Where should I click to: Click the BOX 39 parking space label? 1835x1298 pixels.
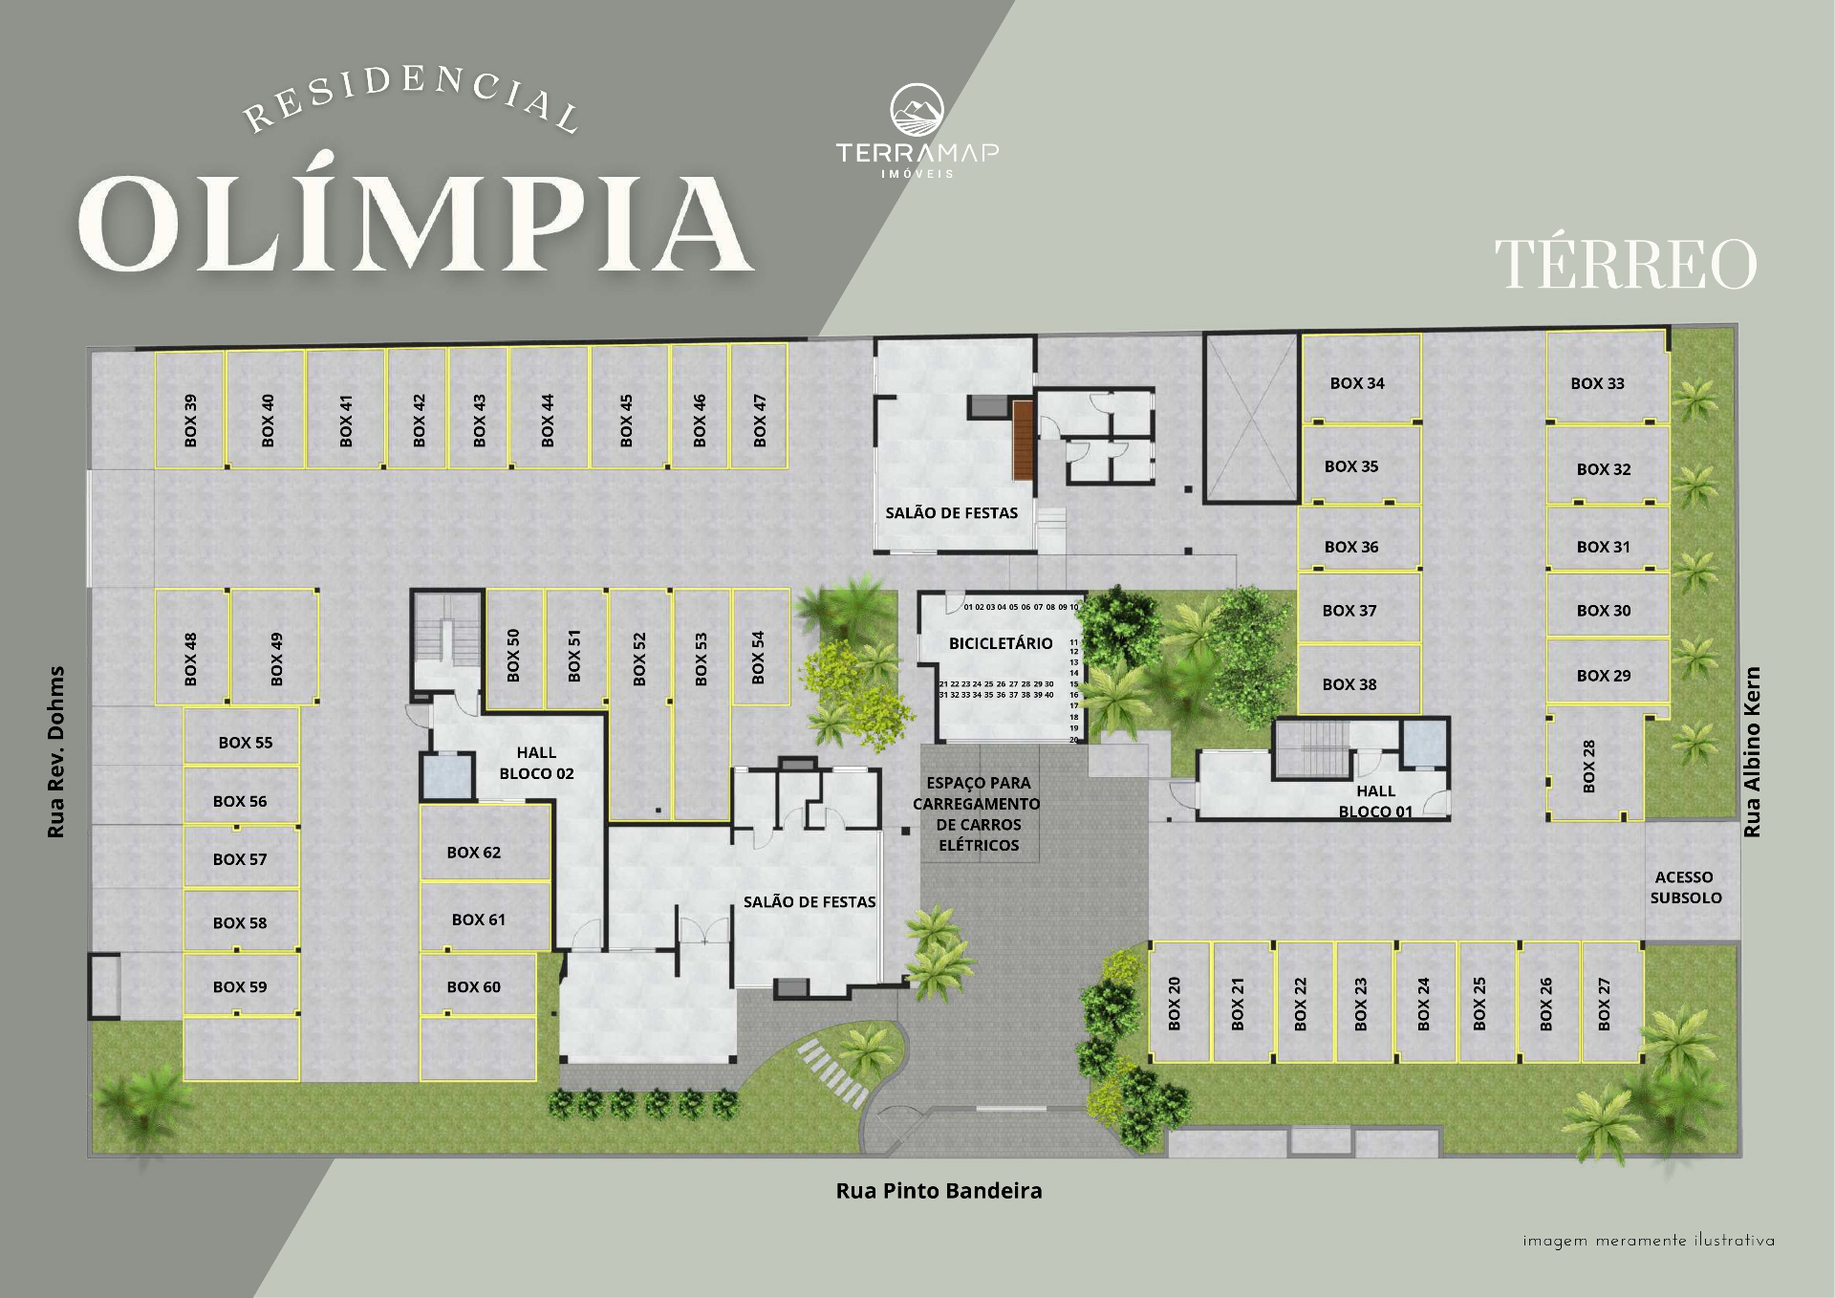190,421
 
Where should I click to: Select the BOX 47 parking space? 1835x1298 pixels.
759,406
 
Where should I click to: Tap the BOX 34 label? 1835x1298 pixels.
1357,383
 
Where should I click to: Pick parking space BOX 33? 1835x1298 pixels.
1608,377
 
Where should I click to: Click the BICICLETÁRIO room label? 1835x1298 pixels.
1001,643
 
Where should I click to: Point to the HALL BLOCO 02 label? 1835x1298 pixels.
536,763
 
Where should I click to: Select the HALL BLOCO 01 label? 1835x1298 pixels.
1375,801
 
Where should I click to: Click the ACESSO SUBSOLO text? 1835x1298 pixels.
1686,887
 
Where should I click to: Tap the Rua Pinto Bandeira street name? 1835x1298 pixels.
939,1191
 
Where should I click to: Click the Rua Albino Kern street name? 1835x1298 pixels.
1752,752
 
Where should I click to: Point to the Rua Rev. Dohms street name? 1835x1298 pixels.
56,752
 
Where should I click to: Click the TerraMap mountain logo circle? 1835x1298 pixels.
917,110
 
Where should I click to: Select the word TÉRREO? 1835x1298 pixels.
1626,264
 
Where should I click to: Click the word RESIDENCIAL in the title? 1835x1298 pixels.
412,99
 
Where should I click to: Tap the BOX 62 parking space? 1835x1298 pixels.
486,842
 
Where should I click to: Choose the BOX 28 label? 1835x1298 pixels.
1588,766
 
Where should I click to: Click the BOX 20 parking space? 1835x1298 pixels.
1179,1002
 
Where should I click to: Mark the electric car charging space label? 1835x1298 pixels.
977,813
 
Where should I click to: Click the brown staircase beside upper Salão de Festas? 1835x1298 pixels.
1024,441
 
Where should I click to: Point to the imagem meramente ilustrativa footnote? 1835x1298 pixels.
1649,1241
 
